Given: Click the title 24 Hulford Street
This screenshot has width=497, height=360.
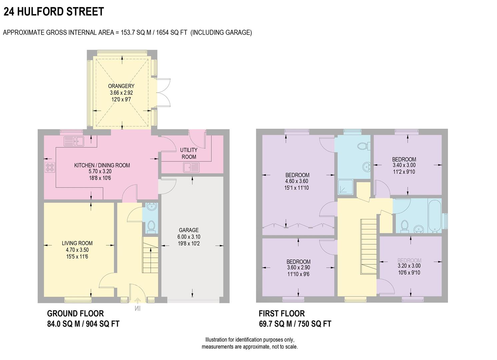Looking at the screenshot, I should (54, 12).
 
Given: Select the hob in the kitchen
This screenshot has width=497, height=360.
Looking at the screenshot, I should (50, 167).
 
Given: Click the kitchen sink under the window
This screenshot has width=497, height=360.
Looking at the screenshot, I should (74, 141).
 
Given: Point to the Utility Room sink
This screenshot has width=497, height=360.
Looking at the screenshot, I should (191, 167).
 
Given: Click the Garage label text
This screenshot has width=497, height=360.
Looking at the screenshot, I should (189, 230).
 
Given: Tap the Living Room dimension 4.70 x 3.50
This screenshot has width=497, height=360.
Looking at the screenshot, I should (77, 250).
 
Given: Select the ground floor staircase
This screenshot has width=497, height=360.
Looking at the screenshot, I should (150, 255).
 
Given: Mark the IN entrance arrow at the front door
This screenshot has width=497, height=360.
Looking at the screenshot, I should (137, 308).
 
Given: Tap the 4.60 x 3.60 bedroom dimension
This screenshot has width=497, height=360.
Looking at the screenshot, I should (297, 181).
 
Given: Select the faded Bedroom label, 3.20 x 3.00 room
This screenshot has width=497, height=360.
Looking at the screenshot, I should (409, 260).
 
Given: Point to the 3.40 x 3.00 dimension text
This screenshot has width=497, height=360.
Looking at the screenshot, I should (404, 165).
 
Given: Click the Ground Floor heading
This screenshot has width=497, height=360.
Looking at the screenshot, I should (75, 313).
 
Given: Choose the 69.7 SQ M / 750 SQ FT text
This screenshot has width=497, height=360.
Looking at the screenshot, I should (295, 324).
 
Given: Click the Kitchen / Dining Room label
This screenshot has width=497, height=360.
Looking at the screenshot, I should (102, 165).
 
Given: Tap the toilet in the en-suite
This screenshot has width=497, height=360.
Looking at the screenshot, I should (362, 146).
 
